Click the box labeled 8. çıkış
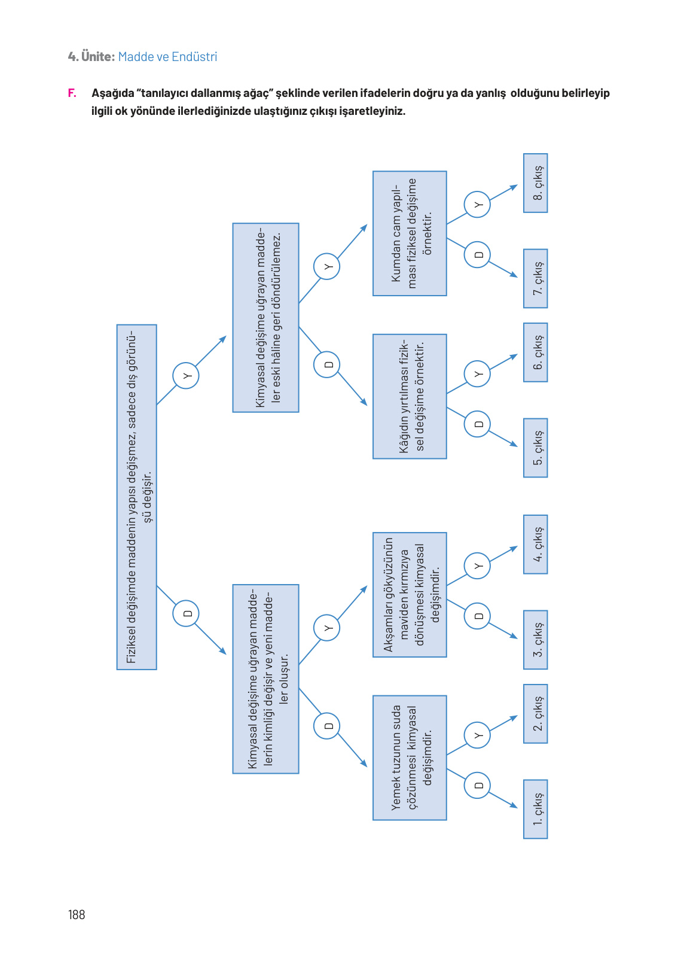[x=535, y=183]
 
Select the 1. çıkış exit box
[x=535, y=809]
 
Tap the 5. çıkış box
[x=535, y=448]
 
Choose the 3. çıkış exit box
[x=535, y=640]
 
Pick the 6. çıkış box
[x=535, y=352]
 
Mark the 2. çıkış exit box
[x=535, y=714]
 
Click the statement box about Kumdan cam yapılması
[x=410, y=233]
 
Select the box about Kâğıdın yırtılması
[x=410, y=396]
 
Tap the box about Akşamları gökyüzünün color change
[x=410, y=595]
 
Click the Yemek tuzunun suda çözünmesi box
[x=410, y=758]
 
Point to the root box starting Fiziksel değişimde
[x=136, y=497]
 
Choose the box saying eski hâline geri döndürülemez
[x=265, y=318]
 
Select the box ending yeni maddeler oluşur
[x=265, y=679]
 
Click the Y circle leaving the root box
[x=186, y=376]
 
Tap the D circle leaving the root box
[x=186, y=613]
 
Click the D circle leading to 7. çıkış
[x=477, y=255]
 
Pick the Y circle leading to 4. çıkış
[x=477, y=565]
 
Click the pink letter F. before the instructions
[x=72, y=93]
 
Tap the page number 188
[x=77, y=914]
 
